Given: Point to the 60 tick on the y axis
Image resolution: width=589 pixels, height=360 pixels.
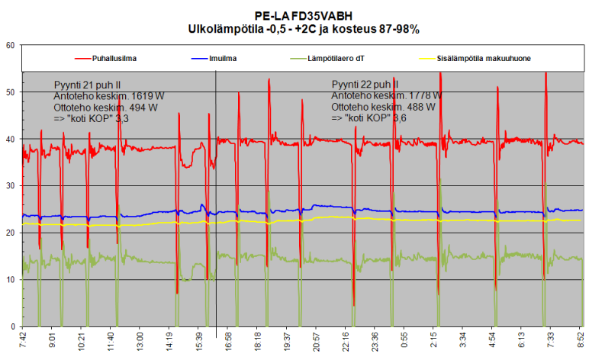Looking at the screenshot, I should click(10, 46).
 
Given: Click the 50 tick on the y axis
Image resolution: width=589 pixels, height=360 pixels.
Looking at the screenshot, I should click(10, 92).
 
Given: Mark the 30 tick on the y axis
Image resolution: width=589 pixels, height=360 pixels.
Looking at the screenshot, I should click(10, 186).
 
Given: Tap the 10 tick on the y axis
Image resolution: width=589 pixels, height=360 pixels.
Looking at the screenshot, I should click(10, 280).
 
